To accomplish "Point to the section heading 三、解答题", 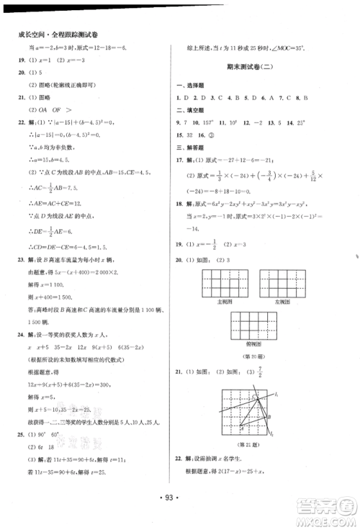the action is (x=191, y=148).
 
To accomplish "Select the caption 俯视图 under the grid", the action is (x=250, y=344).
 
